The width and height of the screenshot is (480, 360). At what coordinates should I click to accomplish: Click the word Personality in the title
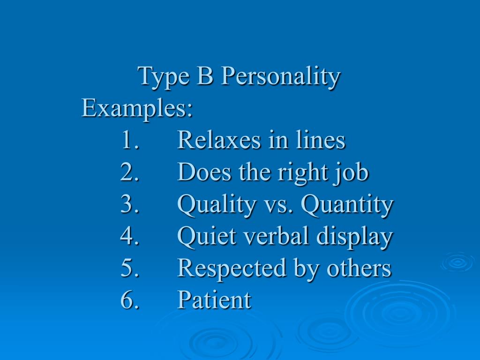(x=280, y=77)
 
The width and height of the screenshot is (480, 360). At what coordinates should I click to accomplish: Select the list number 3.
(x=129, y=204)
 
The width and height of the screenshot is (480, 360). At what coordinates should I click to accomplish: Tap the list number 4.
(x=129, y=236)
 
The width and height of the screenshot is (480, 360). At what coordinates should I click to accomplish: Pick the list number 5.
(x=129, y=268)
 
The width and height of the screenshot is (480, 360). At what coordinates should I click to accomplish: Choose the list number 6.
(x=129, y=300)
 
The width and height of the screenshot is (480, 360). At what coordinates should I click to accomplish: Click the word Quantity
(x=347, y=205)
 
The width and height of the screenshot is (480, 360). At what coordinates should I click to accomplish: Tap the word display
(x=354, y=237)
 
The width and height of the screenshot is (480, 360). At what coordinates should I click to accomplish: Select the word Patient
(x=214, y=300)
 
